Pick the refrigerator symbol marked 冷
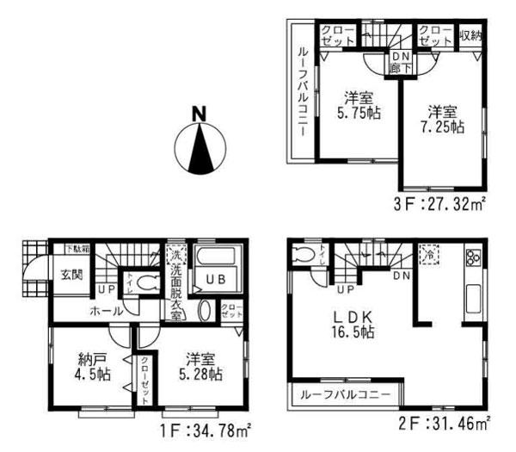(x=427, y=255)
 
